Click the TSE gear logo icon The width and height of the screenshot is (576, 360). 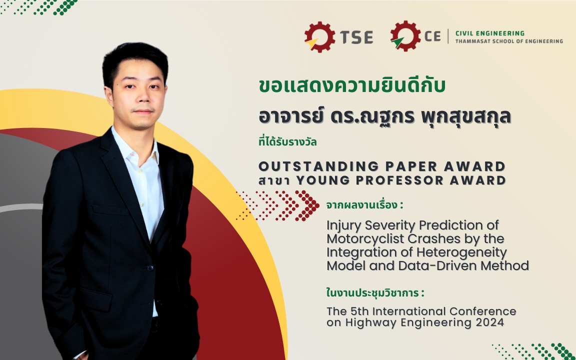(x=319, y=36)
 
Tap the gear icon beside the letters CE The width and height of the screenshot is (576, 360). (x=405, y=36)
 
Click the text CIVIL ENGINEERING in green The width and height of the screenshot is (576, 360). (x=490, y=33)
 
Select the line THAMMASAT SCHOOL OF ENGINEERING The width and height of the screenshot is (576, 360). (x=509, y=41)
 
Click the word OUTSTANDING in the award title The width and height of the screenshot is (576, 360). (x=319, y=166)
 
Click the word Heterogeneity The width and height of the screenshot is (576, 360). (x=462, y=252)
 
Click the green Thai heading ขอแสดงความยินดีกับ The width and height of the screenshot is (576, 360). (x=352, y=85)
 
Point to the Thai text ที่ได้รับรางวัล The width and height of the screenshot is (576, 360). (x=287, y=142)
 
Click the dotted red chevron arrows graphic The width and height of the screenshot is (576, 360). (x=277, y=205)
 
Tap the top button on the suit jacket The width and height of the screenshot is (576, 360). (x=150, y=268)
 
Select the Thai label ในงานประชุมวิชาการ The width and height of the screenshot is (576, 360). (x=375, y=293)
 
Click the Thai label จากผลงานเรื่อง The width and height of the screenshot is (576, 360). (x=364, y=205)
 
